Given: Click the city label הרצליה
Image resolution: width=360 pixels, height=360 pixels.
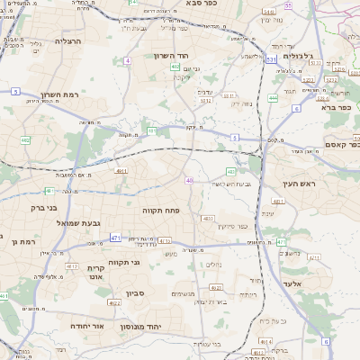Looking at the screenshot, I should pos(68,41).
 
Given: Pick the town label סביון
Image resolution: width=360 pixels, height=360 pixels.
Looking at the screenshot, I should pos(136,292).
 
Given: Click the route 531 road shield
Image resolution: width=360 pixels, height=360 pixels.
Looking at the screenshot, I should pos(270,59).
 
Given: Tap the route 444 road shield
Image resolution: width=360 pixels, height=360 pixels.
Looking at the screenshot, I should pos(273,97).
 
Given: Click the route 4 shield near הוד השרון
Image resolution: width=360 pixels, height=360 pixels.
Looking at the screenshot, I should pos(128,60).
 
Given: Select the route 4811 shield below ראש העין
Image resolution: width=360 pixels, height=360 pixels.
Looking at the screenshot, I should pos(278,202).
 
